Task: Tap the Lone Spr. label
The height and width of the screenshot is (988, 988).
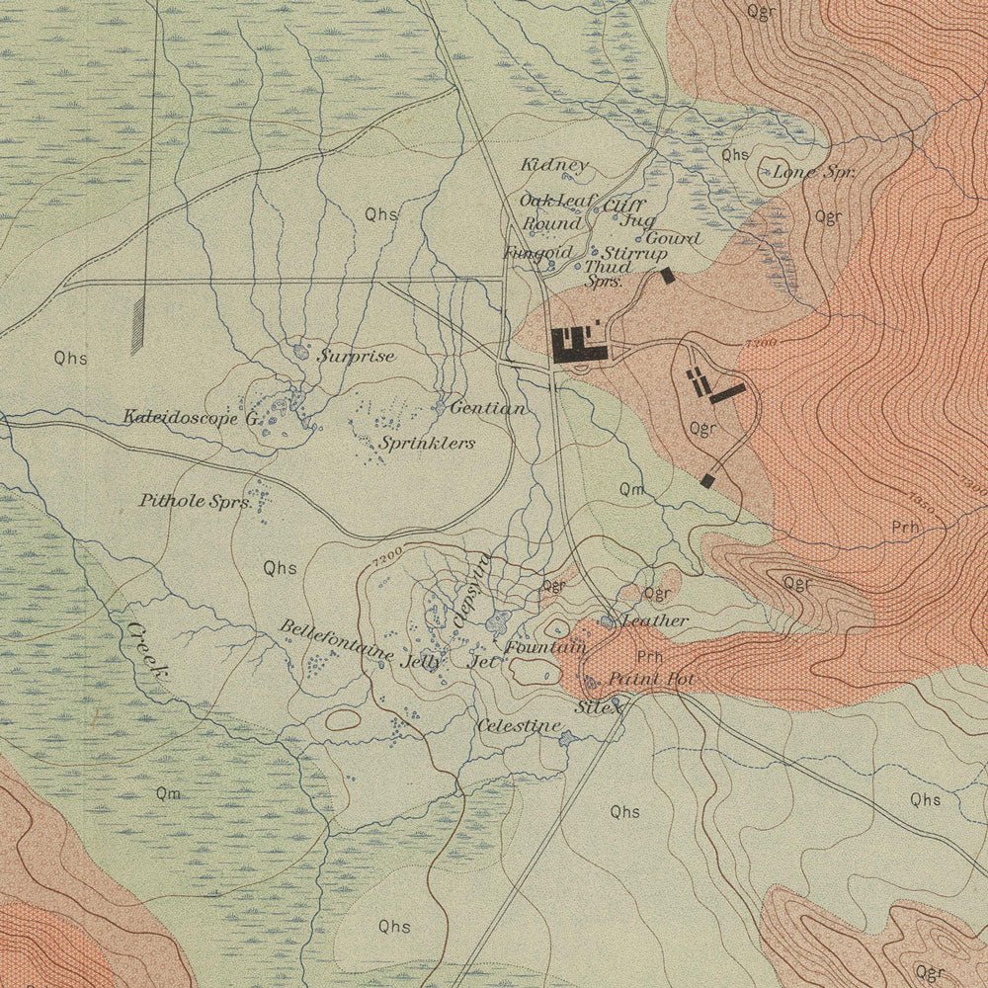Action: (x=813, y=172)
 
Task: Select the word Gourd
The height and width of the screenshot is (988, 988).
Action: (x=673, y=238)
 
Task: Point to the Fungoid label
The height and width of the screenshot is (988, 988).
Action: (x=537, y=253)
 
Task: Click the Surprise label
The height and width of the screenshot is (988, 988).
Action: (x=356, y=356)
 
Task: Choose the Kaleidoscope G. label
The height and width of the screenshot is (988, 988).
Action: (x=191, y=418)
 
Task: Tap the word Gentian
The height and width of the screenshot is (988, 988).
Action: (x=487, y=407)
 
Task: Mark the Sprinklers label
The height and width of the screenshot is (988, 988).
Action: (x=428, y=444)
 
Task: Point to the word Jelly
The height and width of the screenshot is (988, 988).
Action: (x=423, y=662)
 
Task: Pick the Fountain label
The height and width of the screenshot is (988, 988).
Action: (x=545, y=648)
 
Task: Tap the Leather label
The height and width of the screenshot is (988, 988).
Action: (x=654, y=620)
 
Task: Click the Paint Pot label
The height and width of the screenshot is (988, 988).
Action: (x=651, y=680)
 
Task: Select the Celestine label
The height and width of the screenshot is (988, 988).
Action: (x=519, y=726)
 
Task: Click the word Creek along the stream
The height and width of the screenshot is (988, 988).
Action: (x=146, y=649)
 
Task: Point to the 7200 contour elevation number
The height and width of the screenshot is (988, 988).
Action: (x=388, y=555)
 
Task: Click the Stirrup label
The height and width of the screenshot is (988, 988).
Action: (x=634, y=254)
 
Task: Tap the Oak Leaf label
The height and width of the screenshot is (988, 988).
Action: (x=558, y=201)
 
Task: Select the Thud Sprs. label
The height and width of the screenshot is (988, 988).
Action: (x=607, y=274)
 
